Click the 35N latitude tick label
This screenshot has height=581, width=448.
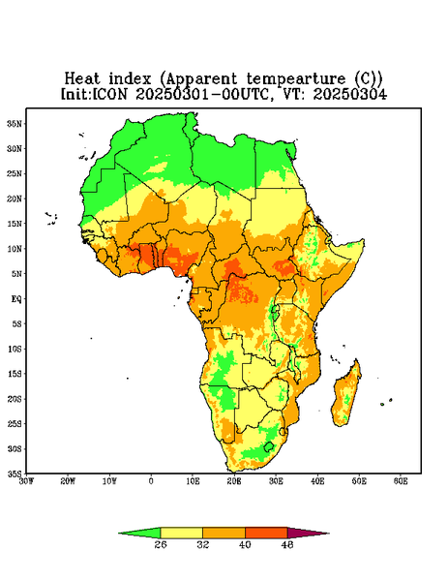[15, 123]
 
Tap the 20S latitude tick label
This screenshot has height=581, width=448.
[15, 399]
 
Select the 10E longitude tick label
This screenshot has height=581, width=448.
[193, 481]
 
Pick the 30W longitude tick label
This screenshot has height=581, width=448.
[26, 481]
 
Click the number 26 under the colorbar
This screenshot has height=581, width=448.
[161, 544]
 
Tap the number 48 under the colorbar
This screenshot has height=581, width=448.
[287, 544]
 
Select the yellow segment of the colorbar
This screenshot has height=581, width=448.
[181, 533]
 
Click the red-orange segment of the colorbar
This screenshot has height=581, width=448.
[266, 533]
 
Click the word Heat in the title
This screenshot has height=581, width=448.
[82, 79]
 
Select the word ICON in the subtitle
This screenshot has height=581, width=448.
[109, 94]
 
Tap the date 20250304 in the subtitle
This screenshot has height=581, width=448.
[350, 94]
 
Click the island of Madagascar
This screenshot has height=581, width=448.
[347, 395]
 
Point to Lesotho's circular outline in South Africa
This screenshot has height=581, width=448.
[269, 446]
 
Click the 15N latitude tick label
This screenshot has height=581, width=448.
[15, 224]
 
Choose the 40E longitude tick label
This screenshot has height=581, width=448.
[317, 481]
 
